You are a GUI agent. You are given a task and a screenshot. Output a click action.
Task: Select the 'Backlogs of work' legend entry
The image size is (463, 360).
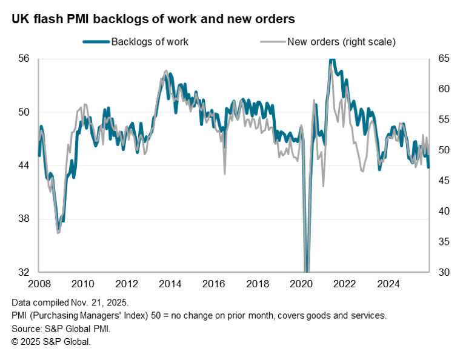tap(150, 42)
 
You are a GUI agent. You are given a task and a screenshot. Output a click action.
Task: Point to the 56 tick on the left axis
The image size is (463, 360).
tap(25, 59)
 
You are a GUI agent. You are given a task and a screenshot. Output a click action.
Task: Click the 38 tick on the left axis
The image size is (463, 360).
tap(25, 219)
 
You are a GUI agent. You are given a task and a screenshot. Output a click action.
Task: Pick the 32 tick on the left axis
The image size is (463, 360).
tap(25, 272)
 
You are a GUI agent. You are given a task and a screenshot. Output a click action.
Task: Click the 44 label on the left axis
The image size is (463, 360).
tap(25, 165)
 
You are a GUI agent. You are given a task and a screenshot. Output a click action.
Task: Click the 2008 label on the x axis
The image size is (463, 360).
tap(39, 284)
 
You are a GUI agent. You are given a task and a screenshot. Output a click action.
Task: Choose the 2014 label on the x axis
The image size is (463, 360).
tap(170, 284)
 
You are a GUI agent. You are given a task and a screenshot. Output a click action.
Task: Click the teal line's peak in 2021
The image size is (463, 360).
tap(331, 59)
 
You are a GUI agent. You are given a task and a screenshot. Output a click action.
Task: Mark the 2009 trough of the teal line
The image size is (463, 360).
tap(58, 229)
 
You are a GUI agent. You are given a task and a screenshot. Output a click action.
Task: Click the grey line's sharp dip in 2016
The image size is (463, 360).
tap(225, 174)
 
